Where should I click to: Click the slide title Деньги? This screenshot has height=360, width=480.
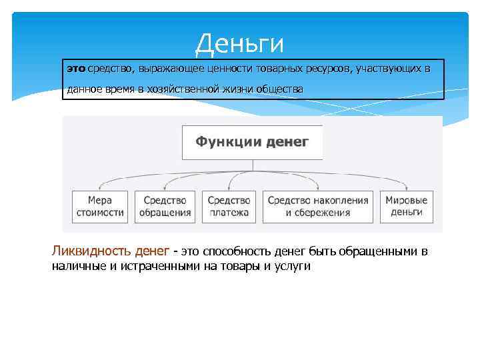pyautogui.click(x=239, y=44)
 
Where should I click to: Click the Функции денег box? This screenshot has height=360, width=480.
pyautogui.click(x=252, y=142)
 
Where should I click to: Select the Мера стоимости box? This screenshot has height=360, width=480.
pyautogui.click(x=100, y=206)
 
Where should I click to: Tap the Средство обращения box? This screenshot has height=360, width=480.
pyautogui.click(x=165, y=206)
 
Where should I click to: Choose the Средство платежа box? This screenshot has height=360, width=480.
pyautogui.click(x=229, y=206)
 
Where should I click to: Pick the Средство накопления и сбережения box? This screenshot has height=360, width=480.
pyautogui.click(x=318, y=206)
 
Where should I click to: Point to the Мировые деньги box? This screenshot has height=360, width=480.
pyautogui.click(x=407, y=206)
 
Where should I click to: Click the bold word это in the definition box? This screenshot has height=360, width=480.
pyautogui.click(x=76, y=69)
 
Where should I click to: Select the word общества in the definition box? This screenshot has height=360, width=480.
pyautogui.click(x=281, y=89)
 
